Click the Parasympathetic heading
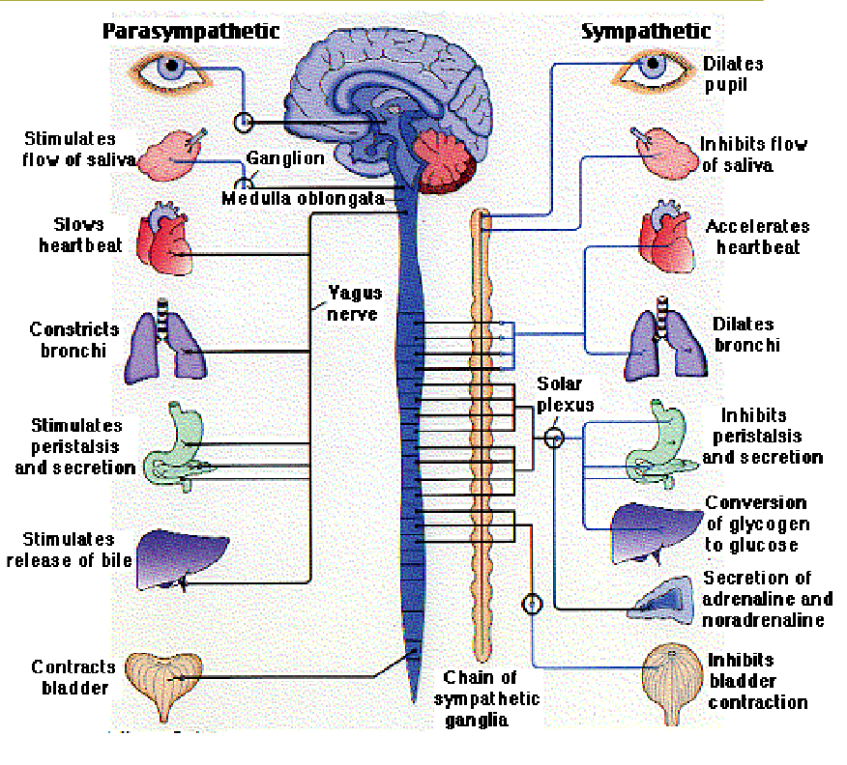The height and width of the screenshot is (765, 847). (x=190, y=32)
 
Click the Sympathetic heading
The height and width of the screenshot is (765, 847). (x=646, y=32)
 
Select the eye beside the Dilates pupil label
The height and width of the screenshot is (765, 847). (x=655, y=67)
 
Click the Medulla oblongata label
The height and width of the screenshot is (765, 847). (x=303, y=199)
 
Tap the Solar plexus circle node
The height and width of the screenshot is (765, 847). (x=553, y=438)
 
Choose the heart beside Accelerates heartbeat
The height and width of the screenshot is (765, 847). (x=667, y=240)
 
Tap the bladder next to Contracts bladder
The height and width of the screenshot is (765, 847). (x=175, y=681)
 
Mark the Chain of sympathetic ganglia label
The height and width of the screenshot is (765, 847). (x=486, y=698)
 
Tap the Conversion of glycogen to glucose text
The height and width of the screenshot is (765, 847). (x=757, y=524)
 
